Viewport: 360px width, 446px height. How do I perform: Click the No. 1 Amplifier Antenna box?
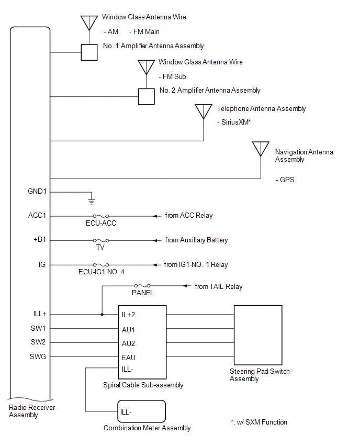click(89, 52)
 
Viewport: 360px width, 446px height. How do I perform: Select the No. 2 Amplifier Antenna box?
click(147, 97)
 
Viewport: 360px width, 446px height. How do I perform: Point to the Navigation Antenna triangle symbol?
click(261, 149)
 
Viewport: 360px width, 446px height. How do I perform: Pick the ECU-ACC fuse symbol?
click(101, 216)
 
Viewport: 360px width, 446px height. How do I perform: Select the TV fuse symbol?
click(101, 240)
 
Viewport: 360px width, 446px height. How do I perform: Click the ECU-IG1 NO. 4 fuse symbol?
click(101, 265)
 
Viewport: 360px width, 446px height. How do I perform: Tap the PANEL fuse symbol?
click(142, 286)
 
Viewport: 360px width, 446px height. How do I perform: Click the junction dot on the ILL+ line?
click(102, 315)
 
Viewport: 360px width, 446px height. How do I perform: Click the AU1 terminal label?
click(128, 330)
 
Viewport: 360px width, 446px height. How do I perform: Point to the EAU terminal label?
click(128, 358)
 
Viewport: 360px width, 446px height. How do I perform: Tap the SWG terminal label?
click(39, 357)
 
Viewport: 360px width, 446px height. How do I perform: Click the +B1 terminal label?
click(39, 240)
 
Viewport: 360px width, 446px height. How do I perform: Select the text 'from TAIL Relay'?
click(219, 286)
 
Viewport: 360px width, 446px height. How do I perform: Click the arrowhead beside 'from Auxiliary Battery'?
click(155, 240)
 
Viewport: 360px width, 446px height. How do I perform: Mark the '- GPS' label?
click(285, 180)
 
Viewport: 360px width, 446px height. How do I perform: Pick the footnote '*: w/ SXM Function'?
click(258, 422)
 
